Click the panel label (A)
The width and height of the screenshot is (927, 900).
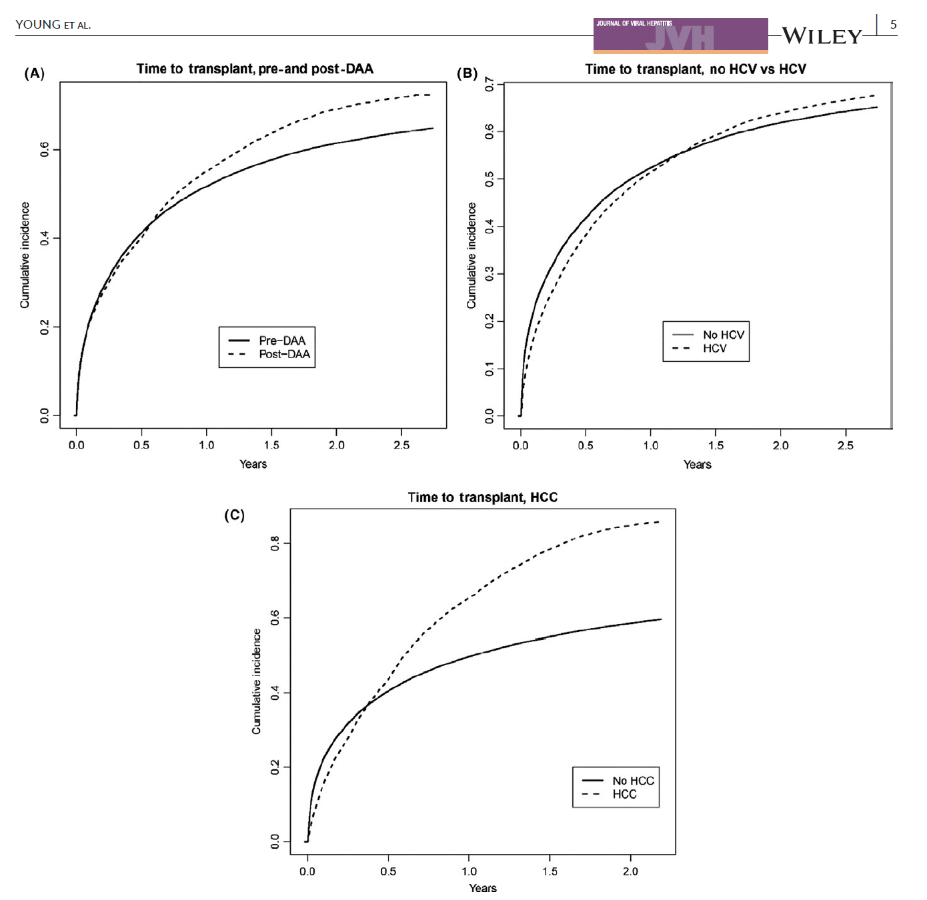pyautogui.click(x=35, y=73)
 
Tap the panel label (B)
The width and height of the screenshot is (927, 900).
pyautogui.click(x=467, y=73)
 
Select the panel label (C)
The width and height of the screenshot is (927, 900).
pyautogui.click(x=234, y=515)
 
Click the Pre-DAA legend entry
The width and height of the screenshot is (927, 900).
pyautogui.click(x=281, y=341)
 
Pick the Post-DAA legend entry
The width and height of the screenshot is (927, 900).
pyautogui.click(x=284, y=354)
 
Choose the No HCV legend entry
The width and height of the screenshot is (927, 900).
pyautogui.click(x=723, y=335)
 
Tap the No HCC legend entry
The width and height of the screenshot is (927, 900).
pyautogui.click(x=633, y=781)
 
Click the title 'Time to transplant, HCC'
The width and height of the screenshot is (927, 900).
pyautogui.click(x=482, y=497)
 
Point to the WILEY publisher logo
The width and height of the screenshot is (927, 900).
pyautogui.click(x=822, y=36)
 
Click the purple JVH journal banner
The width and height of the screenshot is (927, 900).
pyautogui.click(x=680, y=35)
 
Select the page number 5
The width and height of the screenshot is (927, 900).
pyautogui.click(x=893, y=25)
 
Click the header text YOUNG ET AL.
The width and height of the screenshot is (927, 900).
pyautogui.click(x=53, y=25)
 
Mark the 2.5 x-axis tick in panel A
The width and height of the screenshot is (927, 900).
pyautogui.click(x=401, y=445)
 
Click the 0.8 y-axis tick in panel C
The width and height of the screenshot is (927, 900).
pyautogui.click(x=275, y=543)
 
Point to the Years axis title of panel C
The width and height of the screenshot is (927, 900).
pyautogui.click(x=482, y=888)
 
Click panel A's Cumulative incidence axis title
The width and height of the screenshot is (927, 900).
pyautogui.click(x=25, y=255)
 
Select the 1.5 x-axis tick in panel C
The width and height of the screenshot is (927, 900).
pyautogui.click(x=550, y=871)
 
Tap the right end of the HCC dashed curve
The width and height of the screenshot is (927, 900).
pyautogui.click(x=659, y=522)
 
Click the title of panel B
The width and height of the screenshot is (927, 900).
pyautogui.click(x=695, y=69)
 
